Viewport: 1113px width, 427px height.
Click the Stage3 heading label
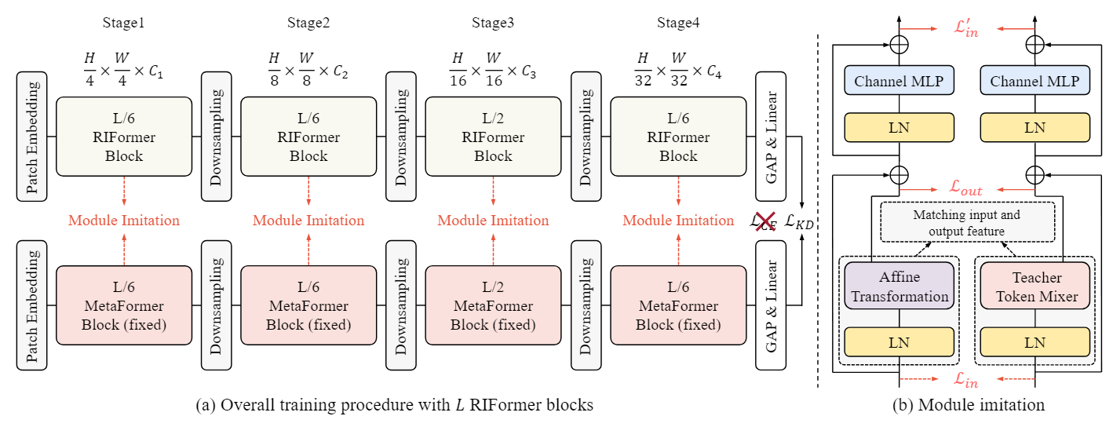pyautogui.click(x=493, y=22)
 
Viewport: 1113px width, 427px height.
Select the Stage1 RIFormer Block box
pyautogui.click(x=124, y=137)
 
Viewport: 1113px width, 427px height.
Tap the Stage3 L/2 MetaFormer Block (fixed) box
pyautogui.click(x=493, y=305)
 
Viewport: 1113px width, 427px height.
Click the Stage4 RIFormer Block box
pyautogui.click(x=678, y=137)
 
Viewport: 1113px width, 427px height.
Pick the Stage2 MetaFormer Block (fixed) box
pyautogui.click(x=308, y=305)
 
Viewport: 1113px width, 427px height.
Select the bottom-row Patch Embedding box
pyautogui.click(x=32, y=305)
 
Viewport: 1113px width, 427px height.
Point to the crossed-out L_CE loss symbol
pyautogui.click(x=763, y=223)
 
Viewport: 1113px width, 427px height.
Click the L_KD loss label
pyautogui.click(x=799, y=223)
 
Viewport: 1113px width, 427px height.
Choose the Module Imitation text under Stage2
pyautogui.click(x=308, y=221)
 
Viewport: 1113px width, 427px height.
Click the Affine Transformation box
pyautogui.click(x=899, y=286)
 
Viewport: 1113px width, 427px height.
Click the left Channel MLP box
pyautogui.click(x=899, y=82)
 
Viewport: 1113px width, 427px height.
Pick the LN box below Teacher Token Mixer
pyautogui.click(x=1035, y=342)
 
